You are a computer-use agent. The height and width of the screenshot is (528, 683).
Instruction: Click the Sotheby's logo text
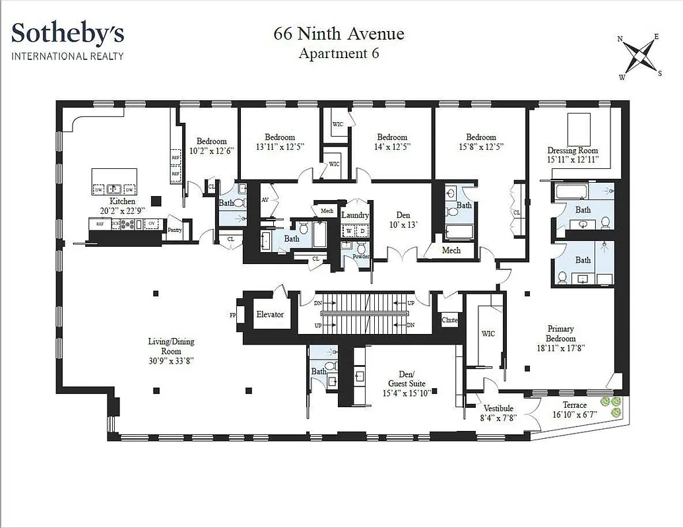(67, 33)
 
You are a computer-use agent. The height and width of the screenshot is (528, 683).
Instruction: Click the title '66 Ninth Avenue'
(339, 34)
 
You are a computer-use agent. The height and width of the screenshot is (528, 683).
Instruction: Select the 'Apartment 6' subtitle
(339, 53)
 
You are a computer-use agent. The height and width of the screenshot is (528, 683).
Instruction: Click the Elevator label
(270, 315)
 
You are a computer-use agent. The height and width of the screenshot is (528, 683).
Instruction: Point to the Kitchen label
(123, 201)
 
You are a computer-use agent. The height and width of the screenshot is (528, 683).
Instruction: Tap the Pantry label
(175, 230)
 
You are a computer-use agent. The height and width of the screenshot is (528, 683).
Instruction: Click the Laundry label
(355, 215)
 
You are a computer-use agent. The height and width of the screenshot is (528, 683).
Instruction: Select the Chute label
(449, 320)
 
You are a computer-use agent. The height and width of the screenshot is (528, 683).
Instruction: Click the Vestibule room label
(498, 409)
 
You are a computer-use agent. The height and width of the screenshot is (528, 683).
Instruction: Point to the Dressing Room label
(572, 150)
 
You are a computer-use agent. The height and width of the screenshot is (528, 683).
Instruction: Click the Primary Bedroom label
(560, 333)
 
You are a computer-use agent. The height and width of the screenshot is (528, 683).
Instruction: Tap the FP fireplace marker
(232, 315)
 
